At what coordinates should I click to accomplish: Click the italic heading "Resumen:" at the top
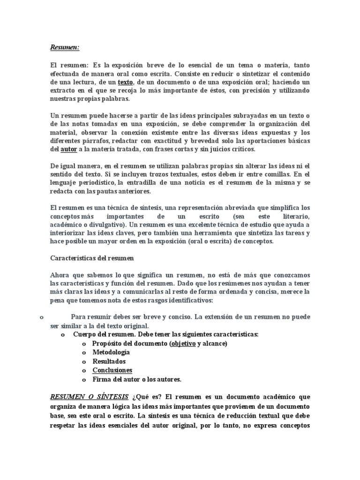tap(65, 47)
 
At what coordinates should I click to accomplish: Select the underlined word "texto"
tap(126, 82)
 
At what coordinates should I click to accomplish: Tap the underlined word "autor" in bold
tap(69, 149)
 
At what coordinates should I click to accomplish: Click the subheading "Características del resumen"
tap(92, 258)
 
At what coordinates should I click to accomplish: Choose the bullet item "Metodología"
tap(111, 352)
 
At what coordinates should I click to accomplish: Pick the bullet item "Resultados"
tap(109, 361)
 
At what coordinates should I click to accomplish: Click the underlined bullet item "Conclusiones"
tap(112, 370)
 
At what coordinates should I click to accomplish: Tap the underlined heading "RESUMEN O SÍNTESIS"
tap(89, 397)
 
